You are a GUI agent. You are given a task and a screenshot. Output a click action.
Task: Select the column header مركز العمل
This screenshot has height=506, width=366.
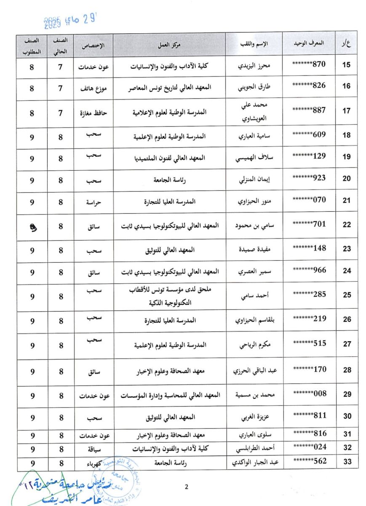point(170,44)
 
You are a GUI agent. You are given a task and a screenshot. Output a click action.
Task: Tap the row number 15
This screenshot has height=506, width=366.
point(347,65)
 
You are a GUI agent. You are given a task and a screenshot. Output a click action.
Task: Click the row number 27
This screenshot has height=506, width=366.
point(347,344)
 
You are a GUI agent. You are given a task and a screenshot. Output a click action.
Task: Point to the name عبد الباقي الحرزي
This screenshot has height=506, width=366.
point(254,371)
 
